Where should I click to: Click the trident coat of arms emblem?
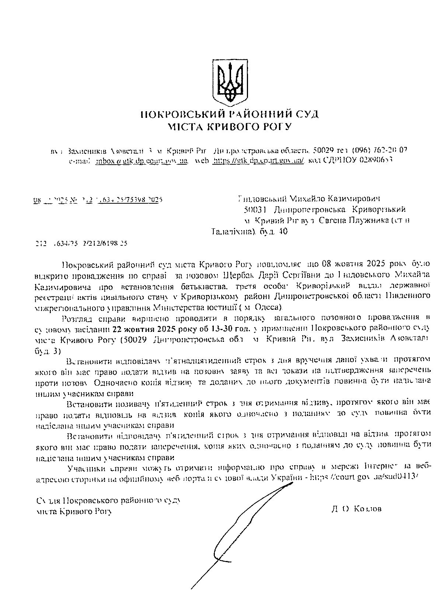click(x=231, y=81)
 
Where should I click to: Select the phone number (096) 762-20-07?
click(x=380, y=150)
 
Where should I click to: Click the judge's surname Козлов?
click(x=367, y=509)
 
